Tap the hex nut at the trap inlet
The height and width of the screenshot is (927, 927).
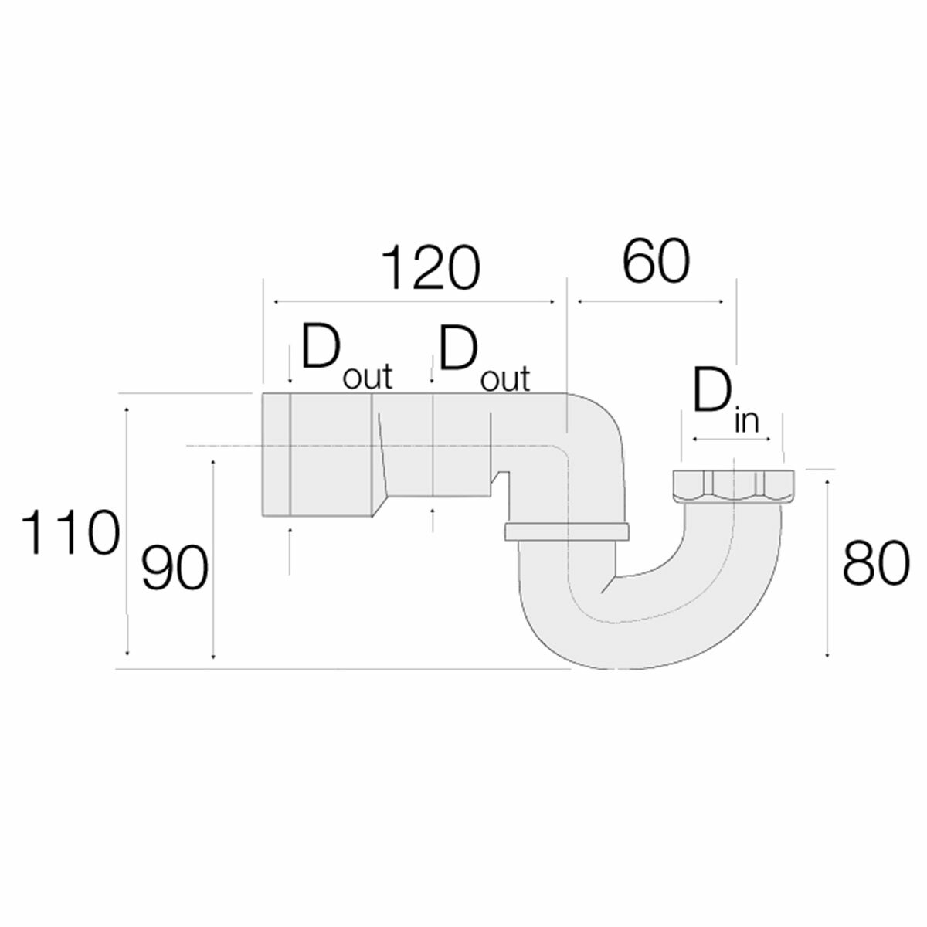pos(728,486)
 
